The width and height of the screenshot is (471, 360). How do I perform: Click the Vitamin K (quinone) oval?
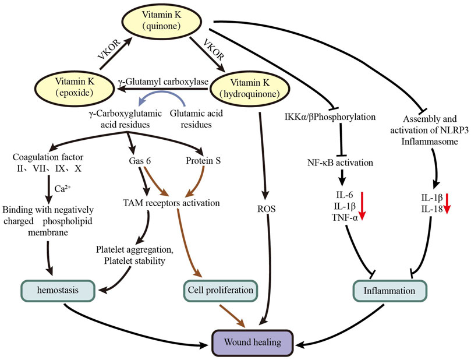pos(161,20)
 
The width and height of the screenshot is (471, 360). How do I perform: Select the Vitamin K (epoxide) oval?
pos(75,87)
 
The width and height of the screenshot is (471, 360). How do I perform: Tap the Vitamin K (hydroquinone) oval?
pos(250,89)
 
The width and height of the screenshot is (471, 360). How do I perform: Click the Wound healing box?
pos(252,343)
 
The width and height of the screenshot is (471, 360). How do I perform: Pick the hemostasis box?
pos(58,290)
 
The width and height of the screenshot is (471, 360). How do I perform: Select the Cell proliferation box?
pos(221,291)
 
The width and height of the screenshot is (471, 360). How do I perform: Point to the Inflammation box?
pos(389,291)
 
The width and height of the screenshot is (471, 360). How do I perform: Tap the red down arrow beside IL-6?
pos(362,206)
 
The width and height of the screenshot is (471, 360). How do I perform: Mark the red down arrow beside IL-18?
pos(447,203)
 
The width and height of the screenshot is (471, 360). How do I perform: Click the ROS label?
pos(266,209)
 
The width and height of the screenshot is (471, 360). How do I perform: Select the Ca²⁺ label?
pos(63,188)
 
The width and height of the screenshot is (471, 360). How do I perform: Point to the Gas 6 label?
pos(140,161)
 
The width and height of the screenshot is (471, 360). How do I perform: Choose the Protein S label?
pos(203,161)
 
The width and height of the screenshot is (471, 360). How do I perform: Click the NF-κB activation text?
pos(340,163)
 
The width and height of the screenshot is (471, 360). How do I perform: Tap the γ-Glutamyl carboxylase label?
pos(164,82)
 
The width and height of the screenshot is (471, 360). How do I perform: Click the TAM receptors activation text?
pos(172,203)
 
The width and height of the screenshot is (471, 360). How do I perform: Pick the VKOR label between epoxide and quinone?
pos(108,49)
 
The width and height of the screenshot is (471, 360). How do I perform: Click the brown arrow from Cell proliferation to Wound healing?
pos(233,316)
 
